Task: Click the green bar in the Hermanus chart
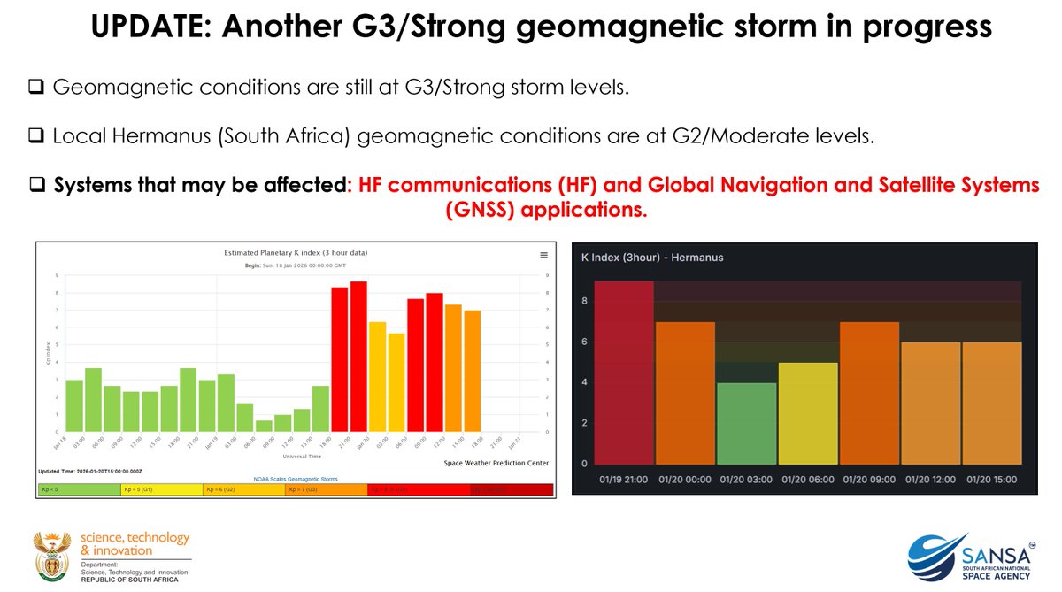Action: (x=746, y=423)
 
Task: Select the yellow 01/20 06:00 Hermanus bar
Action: (x=807, y=413)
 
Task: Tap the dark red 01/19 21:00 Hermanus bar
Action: (x=624, y=373)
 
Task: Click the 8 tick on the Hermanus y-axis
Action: (x=584, y=301)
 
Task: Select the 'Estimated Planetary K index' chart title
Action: (x=296, y=253)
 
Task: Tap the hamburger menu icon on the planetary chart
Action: (x=543, y=255)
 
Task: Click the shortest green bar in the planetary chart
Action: (x=265, y=426)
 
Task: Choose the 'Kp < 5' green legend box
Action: (x=79, y=488)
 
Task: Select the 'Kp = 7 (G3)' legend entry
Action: (x=326, y=488)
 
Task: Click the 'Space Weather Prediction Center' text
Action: (x=496, y=463)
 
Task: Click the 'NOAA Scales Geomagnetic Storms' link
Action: (x=295, y=478)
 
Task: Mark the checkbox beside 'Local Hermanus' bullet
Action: (x=36, y=137)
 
